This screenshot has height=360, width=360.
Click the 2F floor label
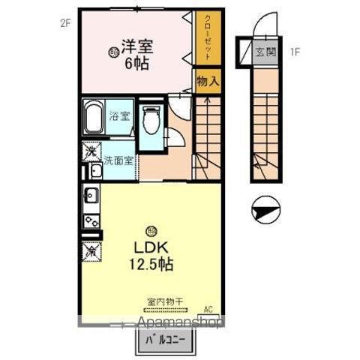coord(65,23)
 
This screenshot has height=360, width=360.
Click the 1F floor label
coord(295,52)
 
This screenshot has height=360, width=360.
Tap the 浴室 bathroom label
coord(118,116)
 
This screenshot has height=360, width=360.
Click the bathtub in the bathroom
coord(94,118)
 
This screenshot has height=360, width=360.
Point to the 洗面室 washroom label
coord(118,160)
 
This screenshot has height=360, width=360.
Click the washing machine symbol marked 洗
coord(90,151)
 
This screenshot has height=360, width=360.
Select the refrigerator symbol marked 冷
coord(91,250)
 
